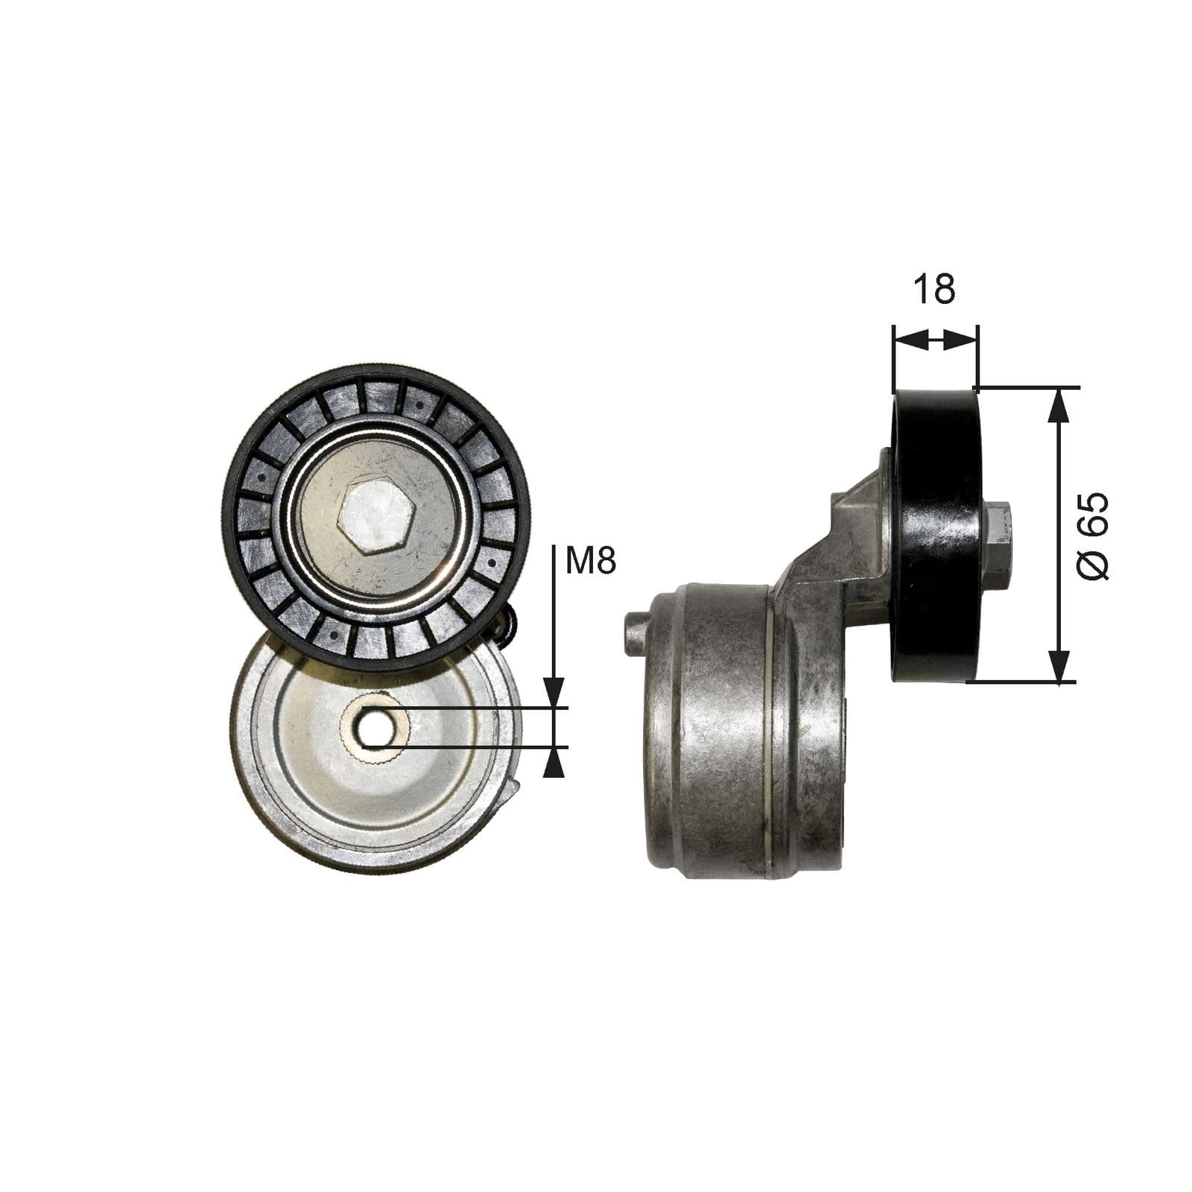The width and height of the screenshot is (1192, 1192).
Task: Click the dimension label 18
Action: click(x=933, y=289)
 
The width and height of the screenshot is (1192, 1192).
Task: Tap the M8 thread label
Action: click(x=590, y=560)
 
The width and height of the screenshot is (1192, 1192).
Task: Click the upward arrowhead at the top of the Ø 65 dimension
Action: click(x=1059, y=406)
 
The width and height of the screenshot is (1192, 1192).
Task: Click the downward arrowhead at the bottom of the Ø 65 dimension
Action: click(x=1059, y=665)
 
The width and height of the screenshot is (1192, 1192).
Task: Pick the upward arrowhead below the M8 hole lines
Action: click(x=553, y=763)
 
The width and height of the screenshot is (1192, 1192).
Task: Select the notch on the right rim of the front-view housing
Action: click(x=513, y=792)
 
